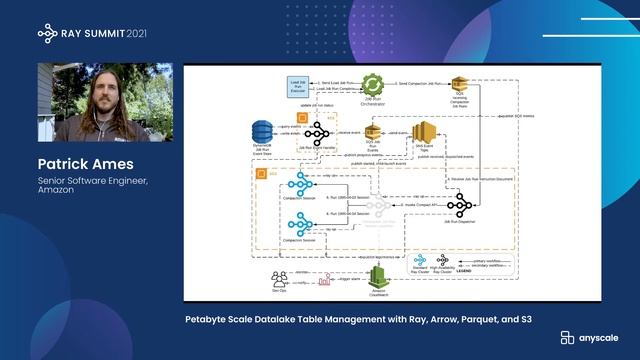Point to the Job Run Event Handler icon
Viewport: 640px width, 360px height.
(318, 134)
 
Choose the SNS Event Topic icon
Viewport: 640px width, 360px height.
(425, 134)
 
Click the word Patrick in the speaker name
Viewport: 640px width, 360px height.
(64, 163)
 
